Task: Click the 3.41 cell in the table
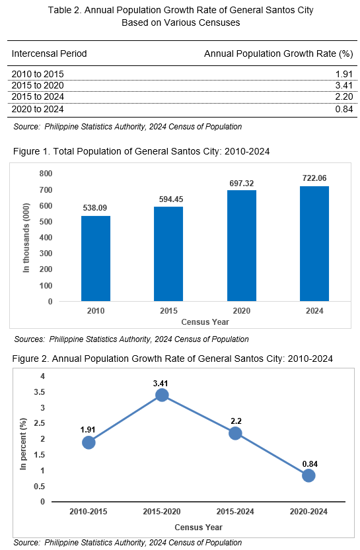coord(344,85)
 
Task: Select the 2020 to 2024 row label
coord(38,109)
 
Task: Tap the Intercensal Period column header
coord(49,53)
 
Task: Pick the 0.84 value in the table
coord(344,109)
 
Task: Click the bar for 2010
coord(96,259)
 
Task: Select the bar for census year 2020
coord(242,246)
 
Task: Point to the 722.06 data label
coord(314,178)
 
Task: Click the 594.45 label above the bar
coord(171,199)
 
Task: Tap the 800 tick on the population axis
coord(46,174)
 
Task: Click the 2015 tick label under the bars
coord(169,311)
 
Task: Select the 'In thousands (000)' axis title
coord(26,238)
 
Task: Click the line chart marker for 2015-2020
coord(162,395)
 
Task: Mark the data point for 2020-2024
coord(308,475)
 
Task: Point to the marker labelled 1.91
coord(89,442)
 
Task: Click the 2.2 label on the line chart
coord(236,421)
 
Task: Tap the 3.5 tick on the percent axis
coord(39,392)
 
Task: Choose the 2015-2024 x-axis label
coord(235,512)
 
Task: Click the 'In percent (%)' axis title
coord(23,444)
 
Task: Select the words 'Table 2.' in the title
coord(65,10)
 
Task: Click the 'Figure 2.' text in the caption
coord(31,359)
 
